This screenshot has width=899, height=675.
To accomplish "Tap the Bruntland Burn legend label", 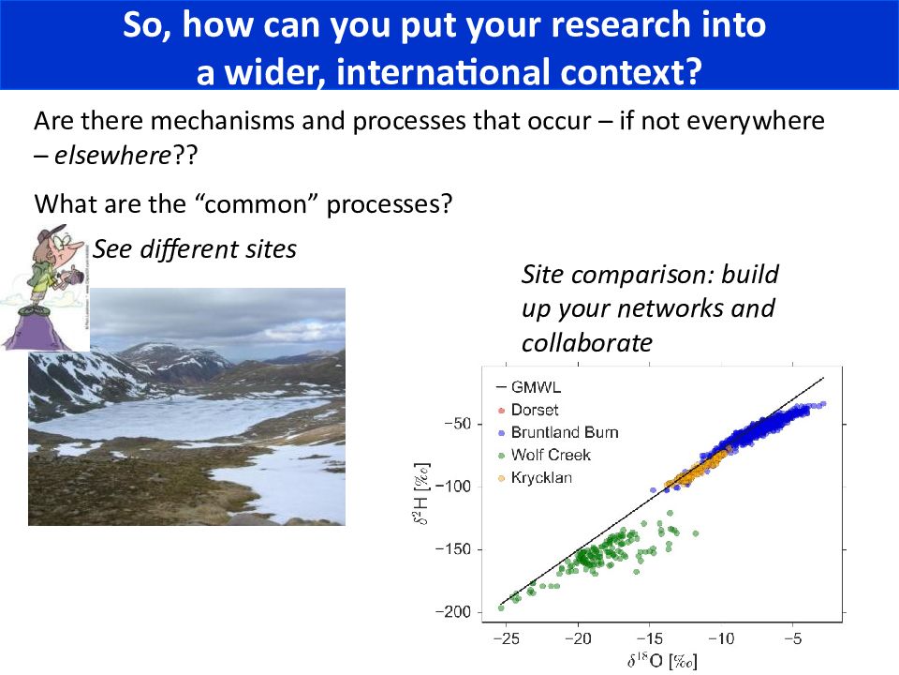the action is tap(565, 432).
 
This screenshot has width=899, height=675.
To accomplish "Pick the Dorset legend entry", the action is tap(535, 410).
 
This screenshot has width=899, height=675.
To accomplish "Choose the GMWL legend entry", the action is tap(536, 387).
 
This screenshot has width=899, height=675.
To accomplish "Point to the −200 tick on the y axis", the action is tap(453, 612).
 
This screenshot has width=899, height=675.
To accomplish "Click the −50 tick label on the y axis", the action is tap(458, 424).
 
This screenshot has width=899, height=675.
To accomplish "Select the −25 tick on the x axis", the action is tap(507, 638).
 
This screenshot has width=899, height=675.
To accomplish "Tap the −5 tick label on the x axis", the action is tap(793, 638).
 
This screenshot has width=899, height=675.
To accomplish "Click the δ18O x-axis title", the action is tap(662, 661).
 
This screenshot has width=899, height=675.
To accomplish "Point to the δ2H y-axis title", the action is tap(421, 494).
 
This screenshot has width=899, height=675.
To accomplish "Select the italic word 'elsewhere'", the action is tap(112, 155).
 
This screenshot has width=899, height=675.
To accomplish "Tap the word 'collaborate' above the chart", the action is tap(586, 343).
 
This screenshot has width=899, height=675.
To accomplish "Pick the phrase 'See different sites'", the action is tap(195, 249).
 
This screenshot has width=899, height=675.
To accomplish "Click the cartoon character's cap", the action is tap(52, 232).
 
